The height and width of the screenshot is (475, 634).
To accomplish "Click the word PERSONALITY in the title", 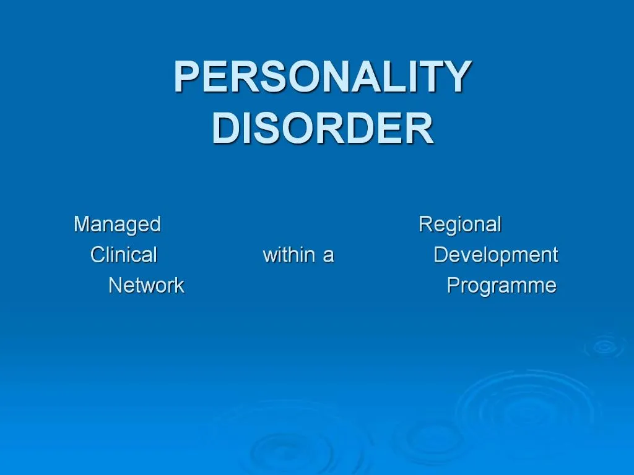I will pos(322,78).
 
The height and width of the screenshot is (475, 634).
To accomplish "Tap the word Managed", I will pos(117,225).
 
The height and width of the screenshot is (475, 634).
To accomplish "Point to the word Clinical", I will pos(124,255).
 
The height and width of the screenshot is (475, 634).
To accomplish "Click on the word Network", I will pos(146,286).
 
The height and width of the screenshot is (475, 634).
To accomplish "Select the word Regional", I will pos(460,225).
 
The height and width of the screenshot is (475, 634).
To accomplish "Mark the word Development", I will pos(495,255).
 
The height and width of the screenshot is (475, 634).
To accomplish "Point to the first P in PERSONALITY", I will pos(186,78).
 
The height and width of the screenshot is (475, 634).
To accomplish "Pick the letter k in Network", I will pos(179,285).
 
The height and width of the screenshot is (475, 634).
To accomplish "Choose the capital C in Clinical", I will pos(98,255).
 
